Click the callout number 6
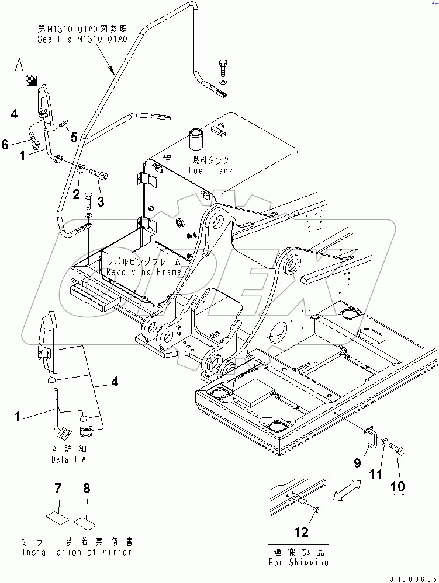5,144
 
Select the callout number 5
74,138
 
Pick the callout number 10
397,486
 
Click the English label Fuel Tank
211,170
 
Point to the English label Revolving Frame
144,272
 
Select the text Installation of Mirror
77,551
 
